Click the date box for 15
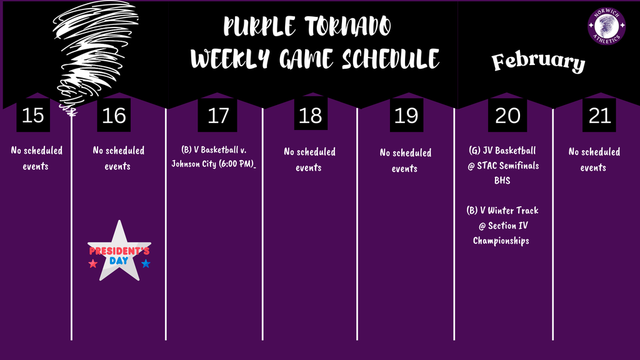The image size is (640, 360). pos(32,116)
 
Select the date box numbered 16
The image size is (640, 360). pos(113,116)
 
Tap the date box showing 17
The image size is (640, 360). pos(217,116)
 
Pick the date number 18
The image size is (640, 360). pos(311,116)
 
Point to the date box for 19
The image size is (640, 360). pos(406,116)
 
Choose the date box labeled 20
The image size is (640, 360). pos(507,116)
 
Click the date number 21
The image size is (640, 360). pos(599,116)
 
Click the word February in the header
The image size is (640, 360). pos(538,62)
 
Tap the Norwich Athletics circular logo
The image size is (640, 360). pos(607,26)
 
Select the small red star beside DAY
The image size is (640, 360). pos(93,264)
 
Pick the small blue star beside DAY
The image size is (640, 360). pos(146,264)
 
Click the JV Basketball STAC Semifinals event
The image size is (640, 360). pos(503,166)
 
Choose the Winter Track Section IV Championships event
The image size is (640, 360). pos(502,226)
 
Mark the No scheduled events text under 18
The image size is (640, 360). pos(309,159)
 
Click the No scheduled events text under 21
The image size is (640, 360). pos(594,159)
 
